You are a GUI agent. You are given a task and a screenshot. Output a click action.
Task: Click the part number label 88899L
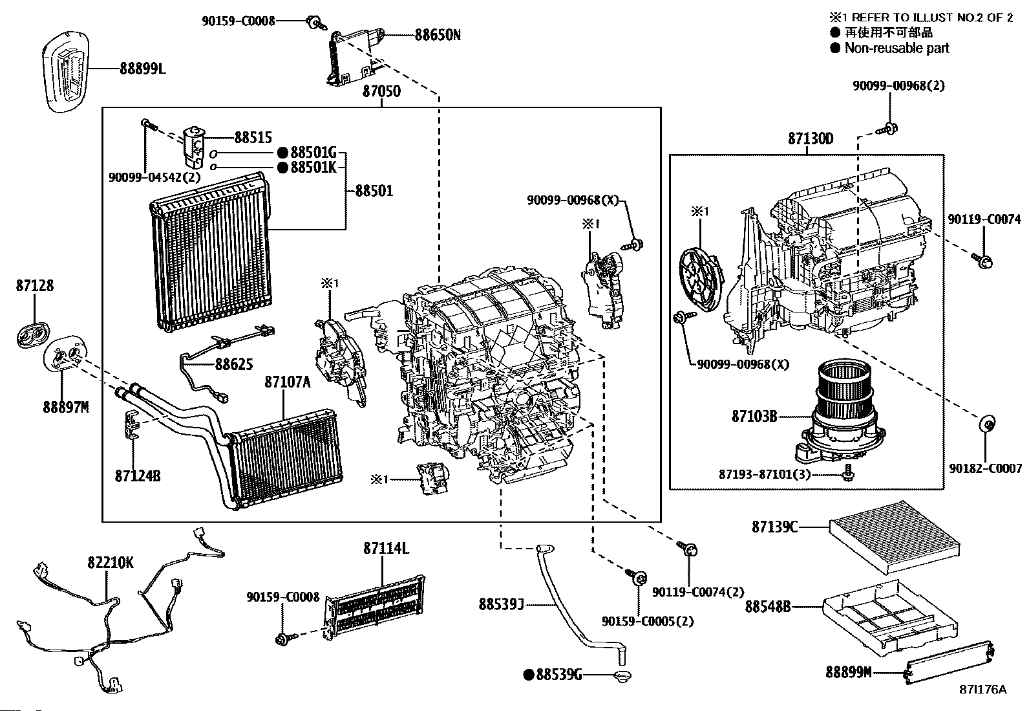[142, 68]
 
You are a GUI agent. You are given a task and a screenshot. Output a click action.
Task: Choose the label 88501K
[313, 168]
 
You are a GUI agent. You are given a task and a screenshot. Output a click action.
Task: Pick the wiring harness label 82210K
[110, 562]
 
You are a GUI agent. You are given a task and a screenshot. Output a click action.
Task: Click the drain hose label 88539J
[501, 604]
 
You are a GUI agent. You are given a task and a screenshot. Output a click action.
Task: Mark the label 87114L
[386, 549]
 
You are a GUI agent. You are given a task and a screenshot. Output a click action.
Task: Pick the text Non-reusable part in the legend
[896, 48]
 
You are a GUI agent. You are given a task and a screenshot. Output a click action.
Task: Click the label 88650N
[438, 34]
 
